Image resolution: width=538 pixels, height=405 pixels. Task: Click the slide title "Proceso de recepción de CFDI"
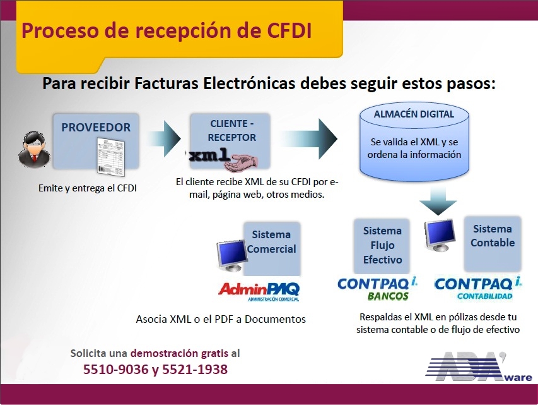tap(167, 31)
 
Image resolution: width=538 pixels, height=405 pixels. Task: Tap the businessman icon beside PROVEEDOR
tap(34, 150)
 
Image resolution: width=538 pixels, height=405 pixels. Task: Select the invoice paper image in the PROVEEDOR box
tap(110, 157)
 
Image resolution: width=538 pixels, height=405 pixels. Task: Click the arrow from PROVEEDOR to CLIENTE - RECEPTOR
tap(163, 138)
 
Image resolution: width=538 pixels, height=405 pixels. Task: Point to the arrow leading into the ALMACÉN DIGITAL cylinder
tap(308, 138)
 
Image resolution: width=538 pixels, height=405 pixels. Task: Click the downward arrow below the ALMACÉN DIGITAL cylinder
tap(438, 201)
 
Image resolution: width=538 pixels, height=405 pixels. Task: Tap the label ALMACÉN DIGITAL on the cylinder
tap(414, 114)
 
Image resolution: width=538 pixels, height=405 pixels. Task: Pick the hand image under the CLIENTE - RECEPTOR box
tap(241, 163)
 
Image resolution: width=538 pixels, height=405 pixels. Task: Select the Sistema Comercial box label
tap(271, 242)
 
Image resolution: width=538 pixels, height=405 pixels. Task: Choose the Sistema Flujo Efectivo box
tap(382, 246)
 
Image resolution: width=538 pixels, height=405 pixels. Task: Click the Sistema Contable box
tap(493, 243)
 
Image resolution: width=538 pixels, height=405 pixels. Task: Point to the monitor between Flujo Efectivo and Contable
tap(440, 236)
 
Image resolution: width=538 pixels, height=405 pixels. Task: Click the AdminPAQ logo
tap(259, 291)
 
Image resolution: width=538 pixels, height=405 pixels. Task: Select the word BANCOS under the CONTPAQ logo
tap(388, 296)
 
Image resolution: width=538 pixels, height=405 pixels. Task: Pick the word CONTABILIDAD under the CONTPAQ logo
tap(484, 296)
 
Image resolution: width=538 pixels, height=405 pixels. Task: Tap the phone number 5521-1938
tap(194, 370)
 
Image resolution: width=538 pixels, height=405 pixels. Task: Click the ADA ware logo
tap(479, 366)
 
